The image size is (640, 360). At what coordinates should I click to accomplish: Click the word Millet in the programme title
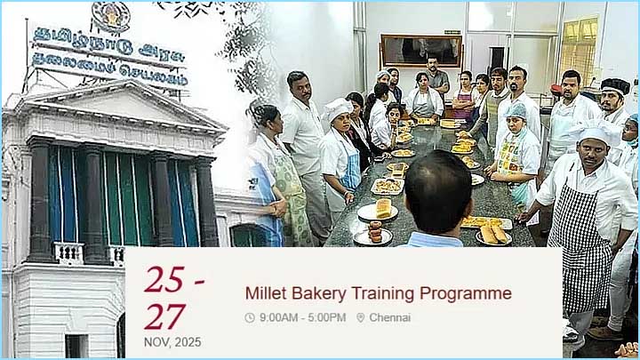click(x=266, y=293)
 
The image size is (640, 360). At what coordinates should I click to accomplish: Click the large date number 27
click(x=165, y=316)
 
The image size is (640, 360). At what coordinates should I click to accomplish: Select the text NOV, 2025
click(x=172, y=342)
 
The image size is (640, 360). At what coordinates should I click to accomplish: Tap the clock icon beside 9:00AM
click(x=250, y=317)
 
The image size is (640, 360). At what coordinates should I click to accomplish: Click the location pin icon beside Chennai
click(x=361, y=317)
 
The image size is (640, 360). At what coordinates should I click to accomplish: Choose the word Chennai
click(x=390, y=317)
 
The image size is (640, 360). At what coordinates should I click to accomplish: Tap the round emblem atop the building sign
click(x=110, y=15)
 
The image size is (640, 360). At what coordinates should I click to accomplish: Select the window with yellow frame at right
click(x=579, y=49)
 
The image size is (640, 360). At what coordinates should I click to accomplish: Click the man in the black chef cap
click(x=612, y=102)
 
